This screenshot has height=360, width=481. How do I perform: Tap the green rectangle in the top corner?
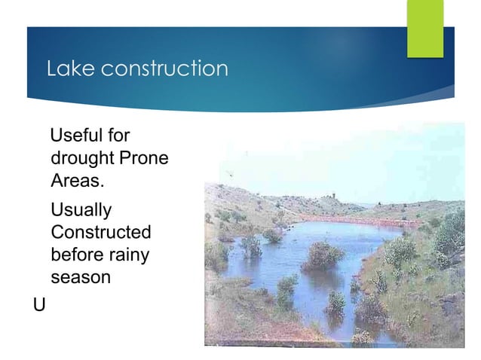(425, 28)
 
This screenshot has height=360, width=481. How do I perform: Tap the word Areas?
(75, 182)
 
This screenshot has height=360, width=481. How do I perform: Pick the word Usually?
(81, 209)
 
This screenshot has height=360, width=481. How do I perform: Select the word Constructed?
(100, 231)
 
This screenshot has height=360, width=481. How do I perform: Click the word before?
(76, 255)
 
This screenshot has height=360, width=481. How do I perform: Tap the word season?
(81, 277)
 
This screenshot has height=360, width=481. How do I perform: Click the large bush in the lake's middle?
(323, 256)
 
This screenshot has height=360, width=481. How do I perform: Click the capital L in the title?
(52, 69)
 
